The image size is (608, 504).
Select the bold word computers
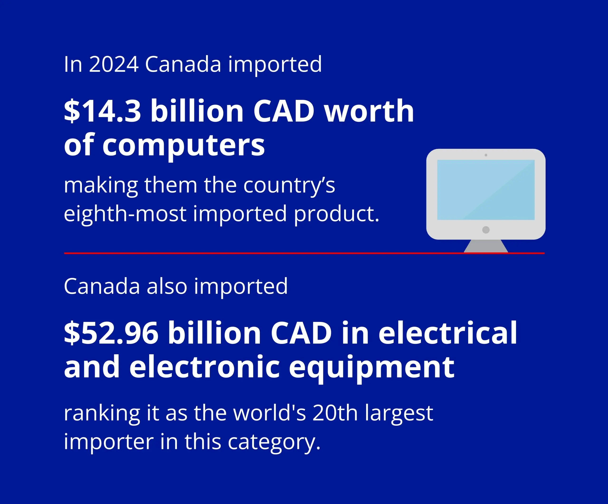pos(184,145)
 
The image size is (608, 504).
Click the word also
pos(167,286)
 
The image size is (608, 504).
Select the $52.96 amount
pos(111,333)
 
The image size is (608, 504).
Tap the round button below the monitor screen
pos(486,230)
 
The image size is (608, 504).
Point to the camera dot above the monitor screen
pos(486,155)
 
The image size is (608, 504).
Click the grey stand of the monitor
pos(486,246)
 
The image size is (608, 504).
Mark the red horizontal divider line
pos(304,253)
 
